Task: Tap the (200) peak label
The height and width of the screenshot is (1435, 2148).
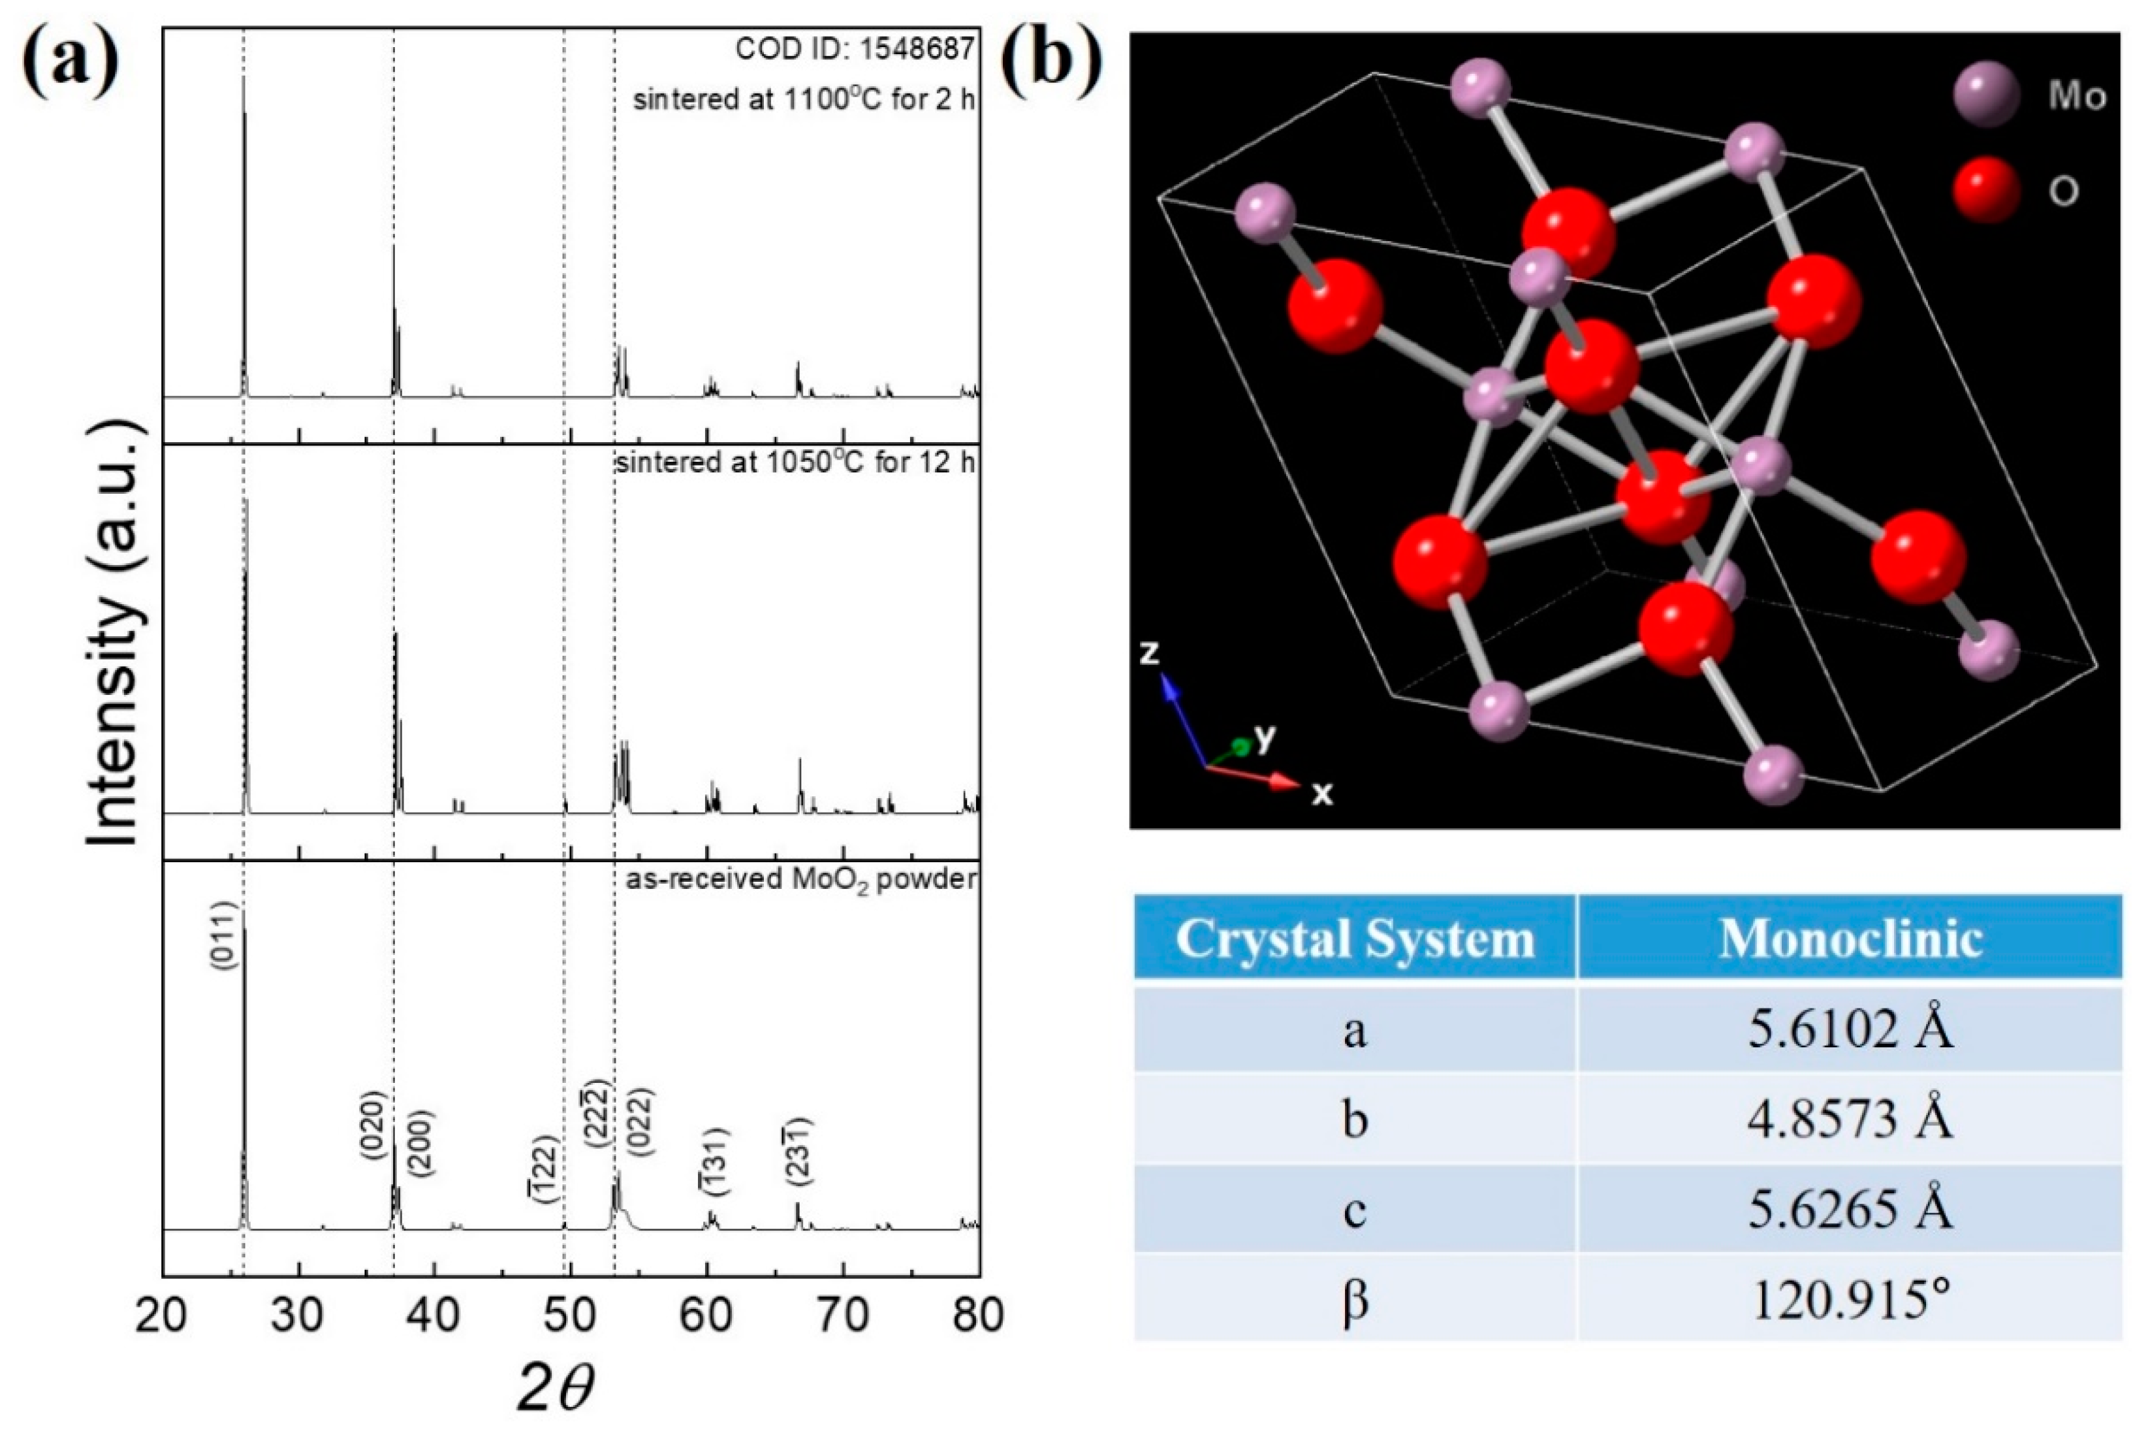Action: [421, 1142]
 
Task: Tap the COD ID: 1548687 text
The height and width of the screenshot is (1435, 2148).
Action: [855, 48]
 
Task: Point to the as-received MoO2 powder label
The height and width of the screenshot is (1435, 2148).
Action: [800, 880]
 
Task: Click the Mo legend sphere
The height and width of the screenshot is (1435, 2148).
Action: [1985, 95]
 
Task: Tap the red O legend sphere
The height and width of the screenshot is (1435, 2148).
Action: [1985, 190]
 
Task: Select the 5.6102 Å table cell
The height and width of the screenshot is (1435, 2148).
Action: [1850, 1029]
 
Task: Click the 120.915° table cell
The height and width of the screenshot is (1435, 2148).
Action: [1850, 1298]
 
